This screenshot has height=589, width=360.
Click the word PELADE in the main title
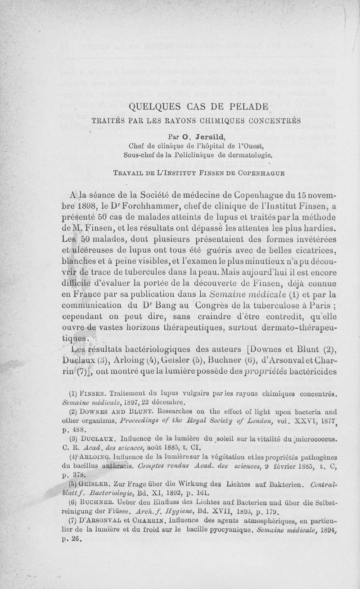click(243, 107)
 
